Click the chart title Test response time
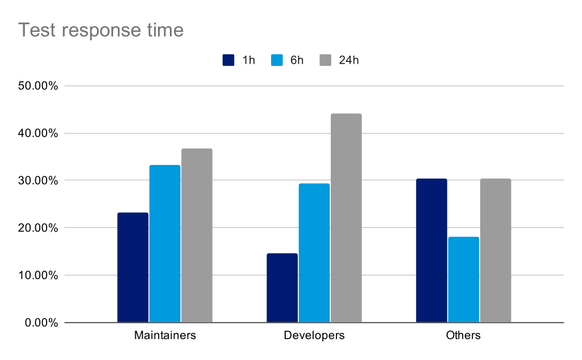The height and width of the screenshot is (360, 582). [101, 30]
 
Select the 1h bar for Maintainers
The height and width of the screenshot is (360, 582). [133, 267]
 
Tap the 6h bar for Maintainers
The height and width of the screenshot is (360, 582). [165, 244]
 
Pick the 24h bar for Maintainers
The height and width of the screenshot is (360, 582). [197, 235]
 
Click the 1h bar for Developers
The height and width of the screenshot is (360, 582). [282, 288]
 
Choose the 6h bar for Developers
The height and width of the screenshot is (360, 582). [314, 253]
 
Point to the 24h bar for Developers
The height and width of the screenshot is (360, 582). [346, 218]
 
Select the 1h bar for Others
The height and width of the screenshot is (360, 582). [431, 250]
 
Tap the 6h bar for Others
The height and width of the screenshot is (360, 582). [464, 280]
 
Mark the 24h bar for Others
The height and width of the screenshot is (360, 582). [496, 250]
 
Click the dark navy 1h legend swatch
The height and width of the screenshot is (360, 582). [228, 60]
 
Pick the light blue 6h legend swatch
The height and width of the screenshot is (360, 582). [277, 60]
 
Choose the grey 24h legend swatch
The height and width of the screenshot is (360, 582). [326, 60]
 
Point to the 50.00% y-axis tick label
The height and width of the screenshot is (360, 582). [38, 86]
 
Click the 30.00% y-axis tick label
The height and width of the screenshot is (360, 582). [38, 180]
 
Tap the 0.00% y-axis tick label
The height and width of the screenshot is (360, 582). [41, 323]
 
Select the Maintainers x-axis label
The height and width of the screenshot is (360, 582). [165, 335]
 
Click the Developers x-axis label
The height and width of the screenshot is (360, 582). [314, 335]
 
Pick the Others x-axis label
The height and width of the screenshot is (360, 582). [463, 335]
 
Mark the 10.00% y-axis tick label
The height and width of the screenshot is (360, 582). [38, 275]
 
